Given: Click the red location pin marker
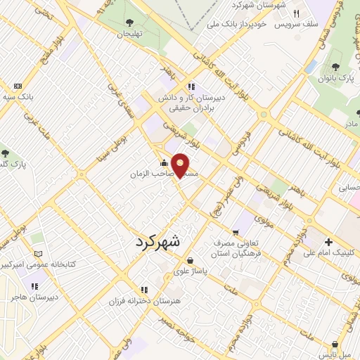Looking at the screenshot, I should click(x=181, y=165).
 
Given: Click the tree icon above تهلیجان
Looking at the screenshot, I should click(x=134, y=22).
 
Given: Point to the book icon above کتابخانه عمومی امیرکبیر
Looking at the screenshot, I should click(x=38, y=254).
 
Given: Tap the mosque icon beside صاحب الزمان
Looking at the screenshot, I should click(x=164, y=163).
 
